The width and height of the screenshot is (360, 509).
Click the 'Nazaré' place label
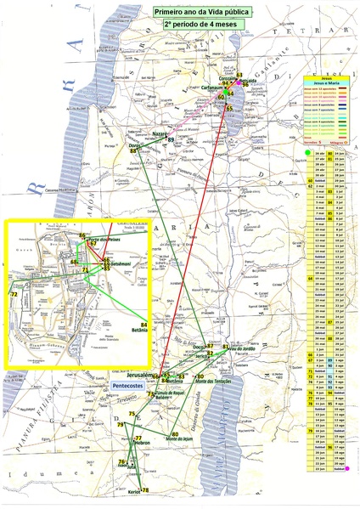160,135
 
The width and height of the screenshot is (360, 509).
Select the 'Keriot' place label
134,490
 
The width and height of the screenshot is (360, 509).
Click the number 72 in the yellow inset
14,294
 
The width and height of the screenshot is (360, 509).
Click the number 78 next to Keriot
146,490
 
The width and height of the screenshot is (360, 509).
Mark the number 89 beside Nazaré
171,139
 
